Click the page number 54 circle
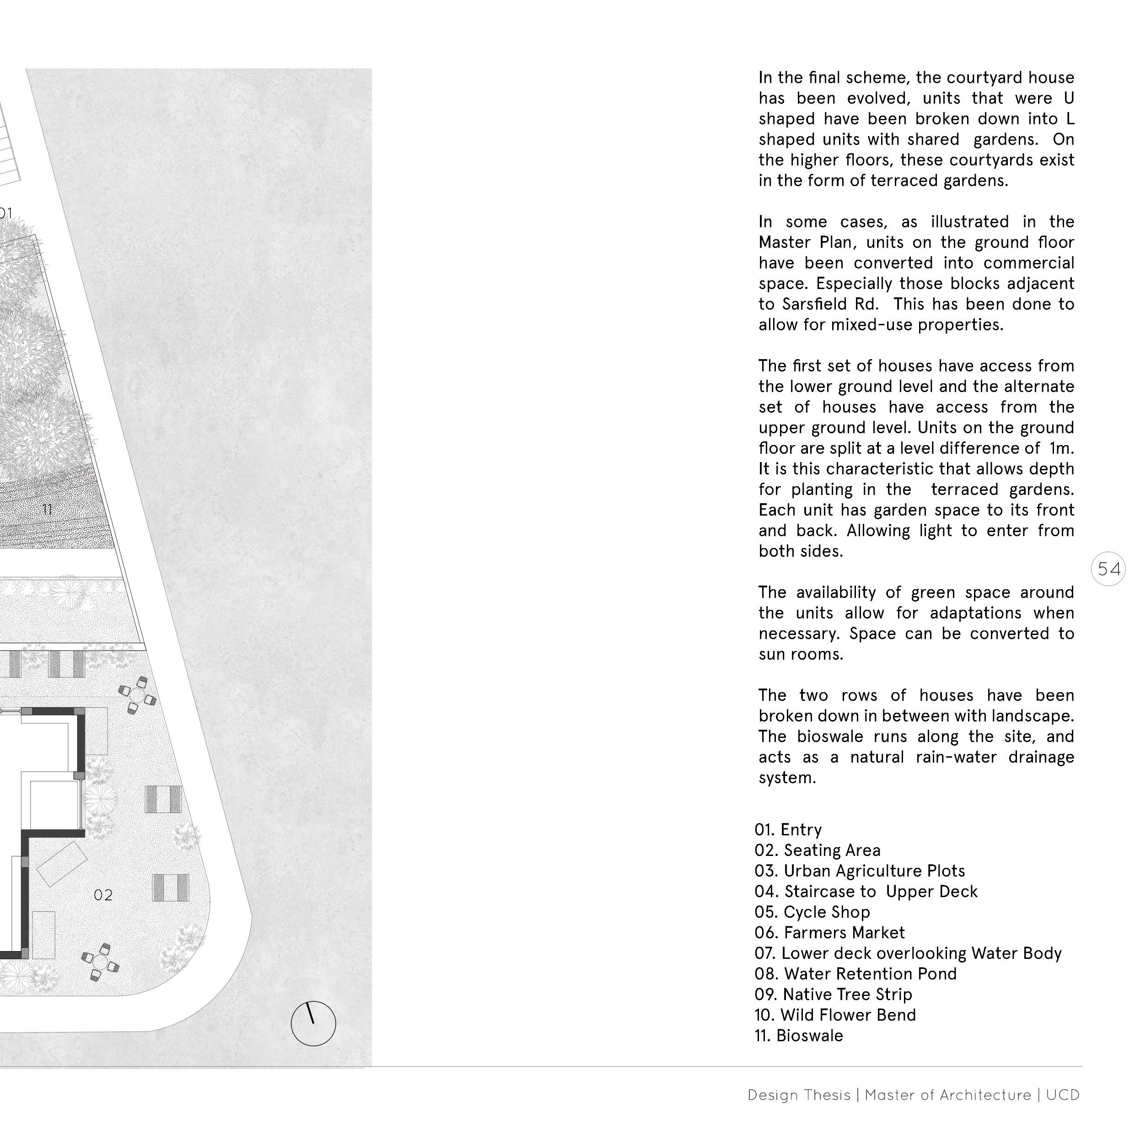pyautogui.click(x=1108, y=569)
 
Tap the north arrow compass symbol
pyautogui.click(x=313, y=1023)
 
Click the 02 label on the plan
pyautogui.click(x=103, y=895)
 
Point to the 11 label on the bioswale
pyautogui.click(x=48, y=509)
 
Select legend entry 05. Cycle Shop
pyautogui.click(x=812, y=912)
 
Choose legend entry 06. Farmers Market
pyautogui.click(x=829, y=932)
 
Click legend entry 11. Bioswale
pyautogui.click(x=798, y=1035)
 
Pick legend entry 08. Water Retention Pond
pyautogui.click(x=855, y=974)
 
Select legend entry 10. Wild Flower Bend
pyautogui.click(x=835, y=1015)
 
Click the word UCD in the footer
pyautogui.click(x=1063, y=1095)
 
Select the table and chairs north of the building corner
pyautogui.click(x=137, y=695)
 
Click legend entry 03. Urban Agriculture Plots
pyautogui.click(x=860, y=871)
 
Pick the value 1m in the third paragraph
pyautogui.click(x=1061, y=448)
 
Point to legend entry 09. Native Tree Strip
pyautogui.click(x=833, y=994)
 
